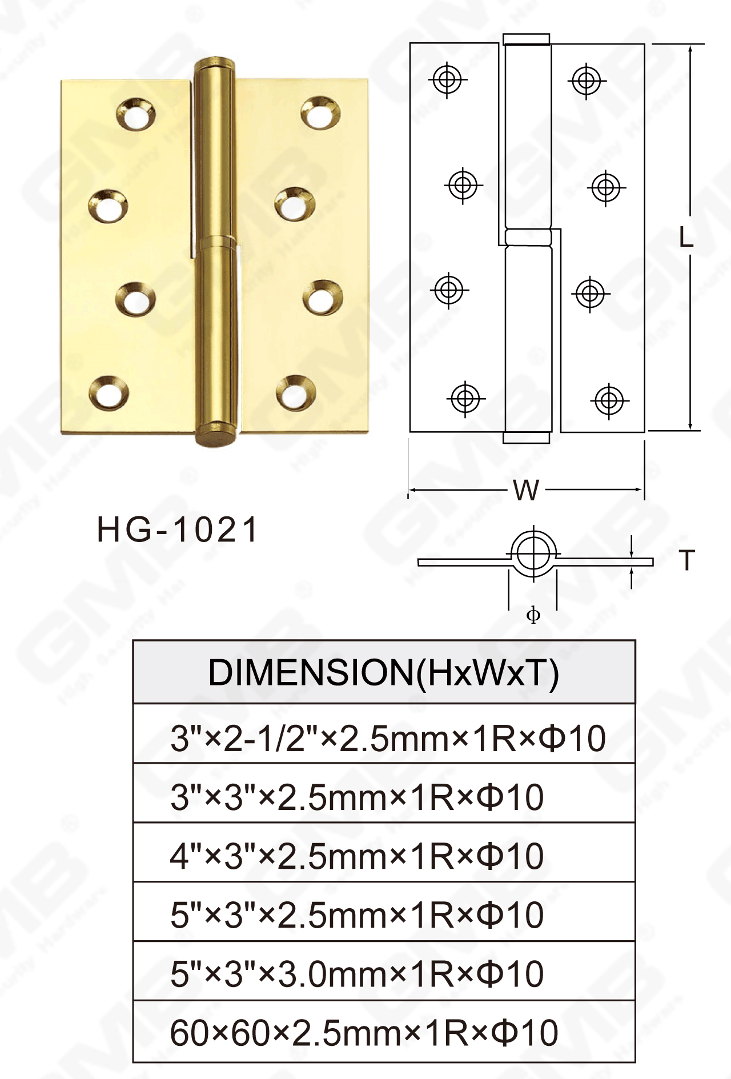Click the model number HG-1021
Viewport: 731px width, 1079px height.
coord(178,530)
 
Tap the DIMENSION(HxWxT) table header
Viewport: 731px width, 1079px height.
coord(384,672)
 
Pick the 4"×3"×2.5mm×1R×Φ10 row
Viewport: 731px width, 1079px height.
coord(356,856)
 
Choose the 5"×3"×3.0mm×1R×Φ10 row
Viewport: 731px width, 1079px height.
coord(356,974)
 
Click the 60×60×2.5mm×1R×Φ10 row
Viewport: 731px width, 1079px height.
coord(364,1033)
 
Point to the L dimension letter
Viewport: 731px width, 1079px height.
coord(686,237)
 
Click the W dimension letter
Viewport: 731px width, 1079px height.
coord(525,490)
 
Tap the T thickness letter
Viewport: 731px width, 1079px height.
coord(687,560)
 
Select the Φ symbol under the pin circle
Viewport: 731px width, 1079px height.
coord(533,615)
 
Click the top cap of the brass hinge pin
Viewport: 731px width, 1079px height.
coord(215,63)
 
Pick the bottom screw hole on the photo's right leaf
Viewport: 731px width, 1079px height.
coord(296,393)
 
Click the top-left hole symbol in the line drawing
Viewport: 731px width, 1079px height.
coord(447,79)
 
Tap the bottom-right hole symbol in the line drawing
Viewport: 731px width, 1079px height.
coord(609,400)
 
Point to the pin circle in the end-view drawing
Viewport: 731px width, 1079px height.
coord(533,553)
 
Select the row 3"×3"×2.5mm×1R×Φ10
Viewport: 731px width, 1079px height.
coord(356,797)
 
